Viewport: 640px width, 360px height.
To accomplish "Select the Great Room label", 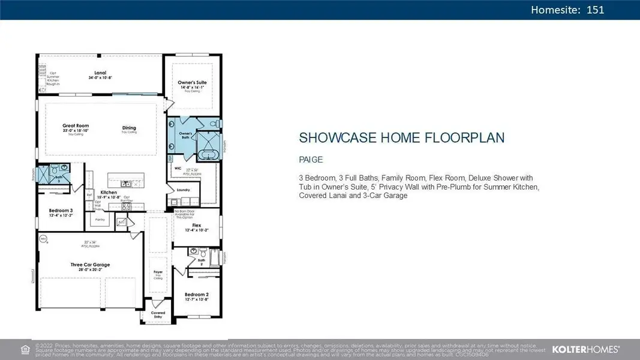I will pos(76,126).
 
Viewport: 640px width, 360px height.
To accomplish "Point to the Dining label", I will pos(129,128).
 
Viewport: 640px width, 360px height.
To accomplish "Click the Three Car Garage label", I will pos(90,264).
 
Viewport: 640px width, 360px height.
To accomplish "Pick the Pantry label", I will pos(100,220).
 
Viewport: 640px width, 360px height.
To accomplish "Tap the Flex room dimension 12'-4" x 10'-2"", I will pos(196,230).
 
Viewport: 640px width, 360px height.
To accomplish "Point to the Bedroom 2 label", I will pos(196,295).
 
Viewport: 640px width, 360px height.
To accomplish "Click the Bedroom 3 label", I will pos(61,211).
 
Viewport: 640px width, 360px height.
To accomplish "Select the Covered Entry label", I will pos(158,314).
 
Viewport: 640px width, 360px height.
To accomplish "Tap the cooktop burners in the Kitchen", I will pos(127,206).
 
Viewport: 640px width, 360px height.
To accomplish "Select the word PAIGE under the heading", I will pos(311,160).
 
